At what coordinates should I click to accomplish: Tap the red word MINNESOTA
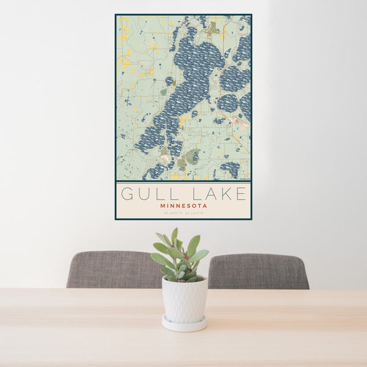pyautogui.click(x=183, y=206)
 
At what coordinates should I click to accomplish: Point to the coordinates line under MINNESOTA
pyautogui.click(x=183, y=213)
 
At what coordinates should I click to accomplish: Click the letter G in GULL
pyautogui.click(x=127, y=195)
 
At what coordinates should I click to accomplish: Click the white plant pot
pyautogui.click(x=184, y=299)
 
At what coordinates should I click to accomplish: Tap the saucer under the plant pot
pyautogui.click(x=184, y=324)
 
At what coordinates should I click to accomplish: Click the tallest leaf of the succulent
pyautogui.click(x=174, y=236)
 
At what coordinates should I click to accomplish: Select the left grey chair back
pyautogui.click(x=113, y=269)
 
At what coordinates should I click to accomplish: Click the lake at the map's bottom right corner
pyautogui.click(x=231, y=168)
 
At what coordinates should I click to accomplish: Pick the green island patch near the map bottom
pyautogui.click(x=192, y=155)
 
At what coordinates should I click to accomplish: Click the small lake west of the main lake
pyautogui.click(x=169, y=81)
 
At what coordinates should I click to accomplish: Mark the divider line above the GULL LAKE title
pyautogui.click(x=183, y=181)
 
